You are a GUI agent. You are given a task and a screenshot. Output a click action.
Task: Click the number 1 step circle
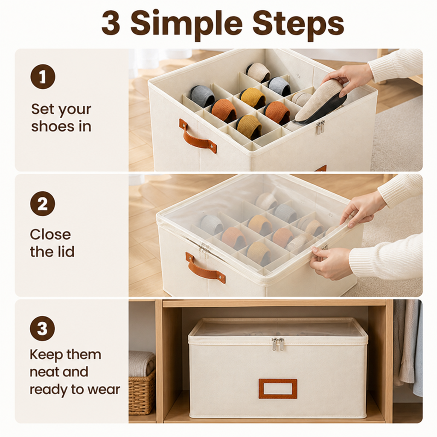coord(43,77)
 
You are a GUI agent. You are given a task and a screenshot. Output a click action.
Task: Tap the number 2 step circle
coord(43,204)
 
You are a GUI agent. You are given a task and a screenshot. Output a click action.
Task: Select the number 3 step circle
coord(42,329)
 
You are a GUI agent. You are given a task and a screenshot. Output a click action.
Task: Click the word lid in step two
coord(65,251)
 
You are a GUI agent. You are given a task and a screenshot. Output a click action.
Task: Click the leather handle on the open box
coord(198,136)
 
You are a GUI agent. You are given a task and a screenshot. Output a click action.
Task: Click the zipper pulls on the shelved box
coord(278,344)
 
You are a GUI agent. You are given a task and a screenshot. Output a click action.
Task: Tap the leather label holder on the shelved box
coord(277,388)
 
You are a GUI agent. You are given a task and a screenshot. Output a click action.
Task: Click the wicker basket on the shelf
coord(142,393)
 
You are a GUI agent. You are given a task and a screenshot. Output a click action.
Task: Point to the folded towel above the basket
coord(142,363)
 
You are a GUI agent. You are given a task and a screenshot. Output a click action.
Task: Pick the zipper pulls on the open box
coord(320,127)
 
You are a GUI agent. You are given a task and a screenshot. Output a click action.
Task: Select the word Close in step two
coord(50,234)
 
